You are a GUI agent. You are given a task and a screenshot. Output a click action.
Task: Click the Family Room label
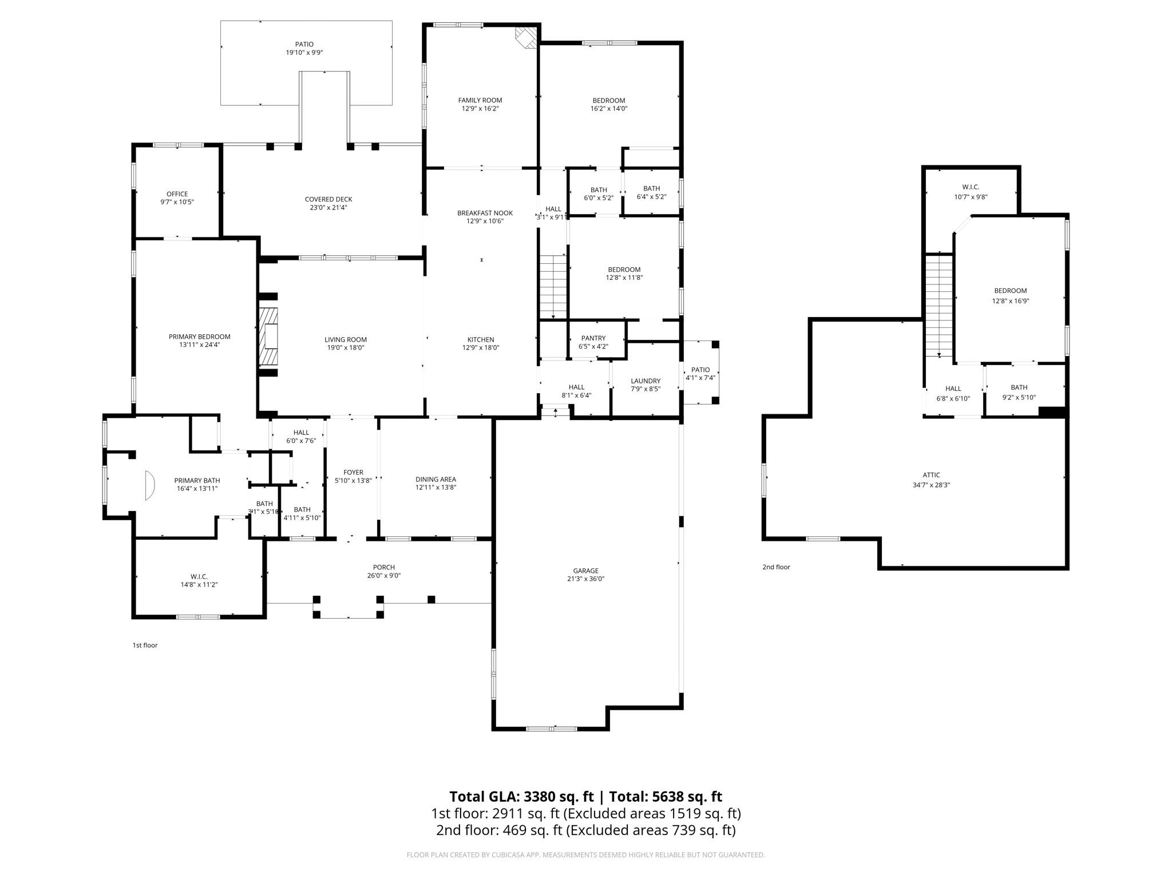[x=480, y=100]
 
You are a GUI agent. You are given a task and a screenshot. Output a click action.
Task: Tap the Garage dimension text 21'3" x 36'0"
[x=585, y=579]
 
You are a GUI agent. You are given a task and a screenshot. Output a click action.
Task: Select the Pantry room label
[x=593, y=338]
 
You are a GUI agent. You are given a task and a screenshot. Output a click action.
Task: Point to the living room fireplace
[x=268, y=336]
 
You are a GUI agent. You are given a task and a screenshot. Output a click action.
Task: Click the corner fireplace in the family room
[x=526, y=37]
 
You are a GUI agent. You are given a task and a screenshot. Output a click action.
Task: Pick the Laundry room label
[x=646, y=381]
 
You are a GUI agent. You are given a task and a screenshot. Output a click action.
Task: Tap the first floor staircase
[x=553, y=287]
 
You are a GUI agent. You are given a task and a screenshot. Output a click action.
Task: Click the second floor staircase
[x=939, y=306]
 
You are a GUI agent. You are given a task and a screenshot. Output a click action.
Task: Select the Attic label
[x=931, y=475]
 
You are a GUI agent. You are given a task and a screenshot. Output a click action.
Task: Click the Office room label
[x=177, y=194]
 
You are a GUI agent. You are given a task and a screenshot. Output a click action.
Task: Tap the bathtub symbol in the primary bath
[x=150, y=485]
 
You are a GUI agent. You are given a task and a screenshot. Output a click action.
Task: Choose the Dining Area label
[x=435, y=480]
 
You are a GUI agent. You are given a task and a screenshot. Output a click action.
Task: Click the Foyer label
[x=353, y=472]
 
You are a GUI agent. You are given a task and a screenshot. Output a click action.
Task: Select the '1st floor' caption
[x=145, y=645]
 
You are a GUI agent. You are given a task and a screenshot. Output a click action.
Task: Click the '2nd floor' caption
[x=776, y=567]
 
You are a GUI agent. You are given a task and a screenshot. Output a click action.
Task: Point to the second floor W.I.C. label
[x=971, y=187]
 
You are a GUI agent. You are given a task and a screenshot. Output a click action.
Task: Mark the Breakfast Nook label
[x=485, y=213]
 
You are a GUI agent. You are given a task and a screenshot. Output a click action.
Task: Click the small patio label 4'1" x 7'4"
[x=700, y=378]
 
